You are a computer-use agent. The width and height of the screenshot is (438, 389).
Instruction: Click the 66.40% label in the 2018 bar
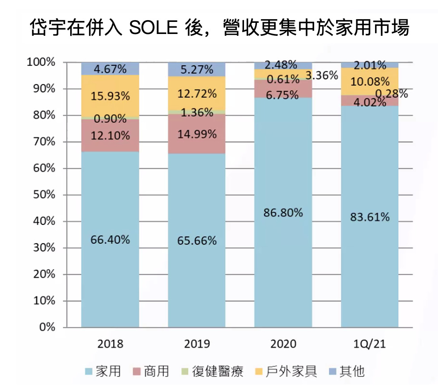pos(110,240)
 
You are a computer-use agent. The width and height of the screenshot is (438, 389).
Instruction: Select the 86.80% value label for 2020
pos(283,212)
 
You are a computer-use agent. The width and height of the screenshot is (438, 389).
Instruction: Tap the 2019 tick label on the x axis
pos(197,344)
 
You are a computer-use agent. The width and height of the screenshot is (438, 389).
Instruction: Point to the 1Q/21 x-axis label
pos(370,344)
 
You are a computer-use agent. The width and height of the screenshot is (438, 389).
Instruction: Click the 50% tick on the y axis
pos(43,195)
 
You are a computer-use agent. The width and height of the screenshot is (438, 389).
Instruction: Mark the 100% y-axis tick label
pos(41,62)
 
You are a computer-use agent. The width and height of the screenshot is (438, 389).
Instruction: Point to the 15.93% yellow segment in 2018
pos(110,96)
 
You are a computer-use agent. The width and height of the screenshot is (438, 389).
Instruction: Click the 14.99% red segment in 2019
pos(197,134)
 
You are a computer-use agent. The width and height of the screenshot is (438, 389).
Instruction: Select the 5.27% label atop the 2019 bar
pos(197,69)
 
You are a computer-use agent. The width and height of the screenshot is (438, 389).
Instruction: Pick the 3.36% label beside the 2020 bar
pos(322,75)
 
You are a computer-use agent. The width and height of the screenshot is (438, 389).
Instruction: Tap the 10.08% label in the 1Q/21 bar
pos(370,82)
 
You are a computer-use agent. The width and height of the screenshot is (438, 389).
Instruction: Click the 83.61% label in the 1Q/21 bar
pos(370,217)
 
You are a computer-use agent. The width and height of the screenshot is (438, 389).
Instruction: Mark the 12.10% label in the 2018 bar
pos(110,135)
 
